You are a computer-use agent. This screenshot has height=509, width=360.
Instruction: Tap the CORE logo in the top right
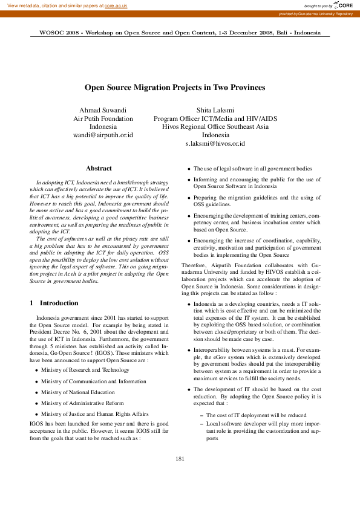click(x=342, y=5)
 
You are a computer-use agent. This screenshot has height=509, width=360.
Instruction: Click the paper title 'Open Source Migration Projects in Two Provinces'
click(x=174, y=88)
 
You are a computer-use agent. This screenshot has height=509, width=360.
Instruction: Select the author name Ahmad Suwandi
click(x=103, y=110)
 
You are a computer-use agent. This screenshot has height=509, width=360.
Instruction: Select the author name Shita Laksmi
click(x=215, y=110)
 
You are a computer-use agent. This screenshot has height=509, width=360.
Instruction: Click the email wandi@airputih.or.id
click(x=103, y=135)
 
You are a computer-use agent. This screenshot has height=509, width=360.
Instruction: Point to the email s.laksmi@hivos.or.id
click(x=215, y=144)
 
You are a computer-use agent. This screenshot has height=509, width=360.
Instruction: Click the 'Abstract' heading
click(x=99, y=168)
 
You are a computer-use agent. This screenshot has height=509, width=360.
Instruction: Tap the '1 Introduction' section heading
click(x=54, y=303)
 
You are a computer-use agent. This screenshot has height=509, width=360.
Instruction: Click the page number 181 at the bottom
click(x=180, y=476)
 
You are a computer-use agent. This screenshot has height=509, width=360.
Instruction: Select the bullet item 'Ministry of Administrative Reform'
click(x=82, y=403)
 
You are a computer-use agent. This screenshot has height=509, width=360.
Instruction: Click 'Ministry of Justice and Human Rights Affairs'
click(x=94, y=414)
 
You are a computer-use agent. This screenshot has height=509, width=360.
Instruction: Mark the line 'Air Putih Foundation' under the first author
click(x=103, y=118)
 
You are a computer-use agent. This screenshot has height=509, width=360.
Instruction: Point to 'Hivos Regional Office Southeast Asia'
click(x=215, y=127)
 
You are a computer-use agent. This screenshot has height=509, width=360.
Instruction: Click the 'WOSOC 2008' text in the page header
click(x=59, y=33)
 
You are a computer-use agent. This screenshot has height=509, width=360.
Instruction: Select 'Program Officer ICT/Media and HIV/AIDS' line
click(x=215, y=118)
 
